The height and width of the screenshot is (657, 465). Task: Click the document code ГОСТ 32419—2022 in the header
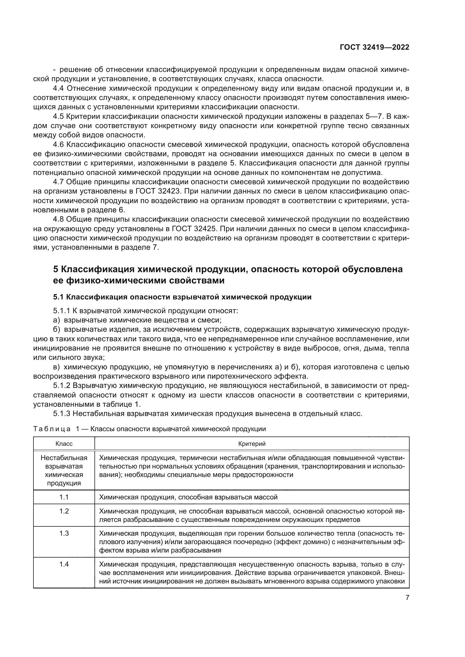click(374, 47)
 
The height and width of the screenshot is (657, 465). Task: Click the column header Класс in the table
click(64, 444)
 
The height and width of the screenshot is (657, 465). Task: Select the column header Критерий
click(252, 444)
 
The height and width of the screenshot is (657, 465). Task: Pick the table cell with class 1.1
click(64, 497)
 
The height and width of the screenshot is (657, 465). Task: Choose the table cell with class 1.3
click(64, 533)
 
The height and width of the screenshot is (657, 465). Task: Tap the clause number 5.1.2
click(62, 386)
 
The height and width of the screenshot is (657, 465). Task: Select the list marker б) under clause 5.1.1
click(57, 330)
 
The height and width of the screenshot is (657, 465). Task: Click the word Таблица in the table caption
click(52, 429)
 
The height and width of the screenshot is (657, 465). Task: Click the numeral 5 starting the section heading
click(56, 269)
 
